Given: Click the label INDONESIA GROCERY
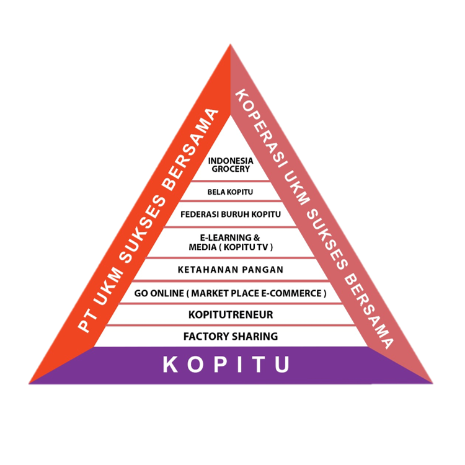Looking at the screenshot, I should tap(230, 164).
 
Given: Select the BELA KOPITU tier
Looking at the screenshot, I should tap(230, 192).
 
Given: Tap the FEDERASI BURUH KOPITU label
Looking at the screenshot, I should tap(230, 215).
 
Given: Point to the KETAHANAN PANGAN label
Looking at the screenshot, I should tap(230, 270).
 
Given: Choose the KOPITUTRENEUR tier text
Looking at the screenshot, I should tap(230, 315).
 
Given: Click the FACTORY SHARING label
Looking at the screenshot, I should tap(230, 337).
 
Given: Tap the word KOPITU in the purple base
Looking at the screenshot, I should tap(226, 365).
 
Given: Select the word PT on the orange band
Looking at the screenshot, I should tap(85, 325).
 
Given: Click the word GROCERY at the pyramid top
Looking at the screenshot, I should tap(230, 169).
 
